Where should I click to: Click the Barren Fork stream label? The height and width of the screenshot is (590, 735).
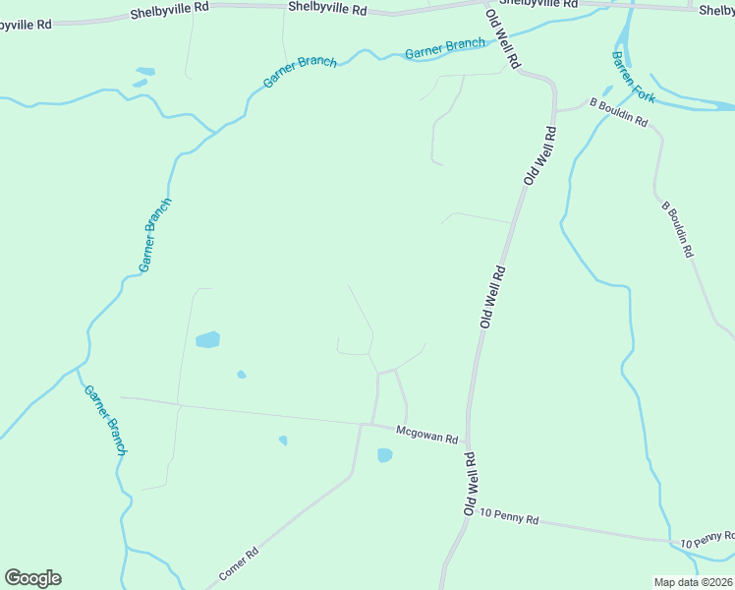coord(633,76)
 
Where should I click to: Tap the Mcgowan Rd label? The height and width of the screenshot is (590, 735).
coord(427,434)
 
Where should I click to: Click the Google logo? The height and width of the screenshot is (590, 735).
coord(32,578)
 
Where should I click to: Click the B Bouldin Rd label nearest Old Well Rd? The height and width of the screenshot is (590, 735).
coord(618,112)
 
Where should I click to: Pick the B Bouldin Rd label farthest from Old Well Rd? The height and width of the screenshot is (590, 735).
coord(677,230)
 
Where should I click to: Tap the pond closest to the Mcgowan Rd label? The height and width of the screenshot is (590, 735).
coord(384,455)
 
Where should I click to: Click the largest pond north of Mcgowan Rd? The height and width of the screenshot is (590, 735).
coord(207,340)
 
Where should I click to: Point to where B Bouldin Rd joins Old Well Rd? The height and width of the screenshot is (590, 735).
coord(556,110)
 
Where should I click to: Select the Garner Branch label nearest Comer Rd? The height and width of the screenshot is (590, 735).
coord(104,419)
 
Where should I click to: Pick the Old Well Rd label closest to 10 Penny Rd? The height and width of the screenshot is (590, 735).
coord(471,485)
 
